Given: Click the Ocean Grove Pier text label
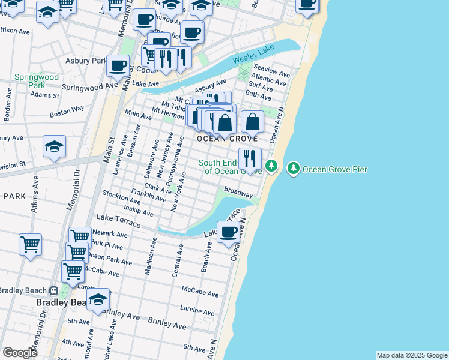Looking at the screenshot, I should tap(335, 169).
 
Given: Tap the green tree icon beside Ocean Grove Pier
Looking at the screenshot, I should tap(294, 169).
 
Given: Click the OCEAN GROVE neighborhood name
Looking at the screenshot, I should tap(220, 139).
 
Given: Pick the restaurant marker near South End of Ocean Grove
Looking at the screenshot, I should tap(249, 159).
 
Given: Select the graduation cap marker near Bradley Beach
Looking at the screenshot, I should tap(97, 300).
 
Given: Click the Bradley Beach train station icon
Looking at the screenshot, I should tap(53, 291).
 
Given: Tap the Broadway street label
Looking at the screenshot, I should tap(238, 193).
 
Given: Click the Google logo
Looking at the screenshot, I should tap(20, 353).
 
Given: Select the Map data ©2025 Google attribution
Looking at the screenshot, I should tap(412, 355).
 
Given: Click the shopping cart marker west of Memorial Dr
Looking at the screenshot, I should tap(30, 244).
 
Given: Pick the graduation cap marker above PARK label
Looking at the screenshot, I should tap(54, 146).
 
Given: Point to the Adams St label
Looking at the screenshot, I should tap(45, 95).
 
